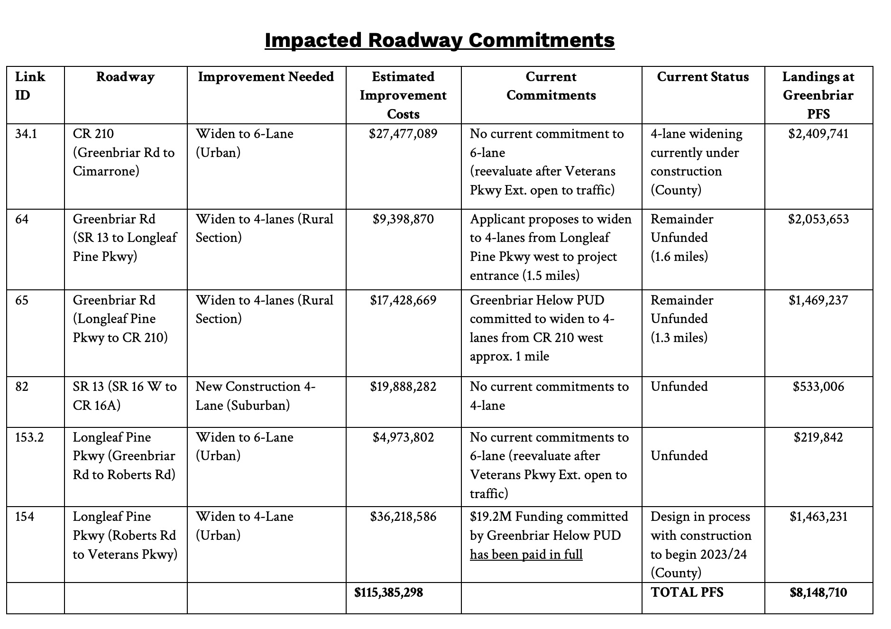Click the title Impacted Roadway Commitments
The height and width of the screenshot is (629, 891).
pyautogui.click(x=439, y=40)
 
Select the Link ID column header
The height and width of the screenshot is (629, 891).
pyautogui.click(x=30, y=86)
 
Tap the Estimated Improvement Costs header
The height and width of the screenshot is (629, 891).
pyautogui.click(x=403, y=95)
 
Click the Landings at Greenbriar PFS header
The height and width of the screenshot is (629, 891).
pyautogui.click(x=818, y=95)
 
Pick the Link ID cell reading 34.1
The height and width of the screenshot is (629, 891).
pyautogui.click(x=26, y=134)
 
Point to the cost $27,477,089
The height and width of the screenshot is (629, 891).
pyautogui.click(x=403, y=134)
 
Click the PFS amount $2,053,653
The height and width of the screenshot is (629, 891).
pyautogui.click(x=818, y=219)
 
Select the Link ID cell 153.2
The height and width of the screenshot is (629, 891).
pyautogui.click(x=29, y=437)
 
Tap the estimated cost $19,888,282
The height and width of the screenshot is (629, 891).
pyautogui.click(x=403, y=387)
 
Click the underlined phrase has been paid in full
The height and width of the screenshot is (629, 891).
pyautogui.click(x=526, y=555)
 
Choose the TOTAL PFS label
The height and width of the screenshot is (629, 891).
pyautogui.click(x=687, y=592)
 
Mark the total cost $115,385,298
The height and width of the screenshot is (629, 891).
pyautogui.click(x=388, y=592)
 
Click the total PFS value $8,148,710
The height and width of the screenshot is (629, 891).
pyautogui.click(x=818, y=592)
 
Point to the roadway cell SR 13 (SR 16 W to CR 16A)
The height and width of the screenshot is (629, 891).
pyautogui.click(x=125, y=396)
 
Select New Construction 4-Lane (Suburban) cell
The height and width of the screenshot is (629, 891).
pyautogui.click(x=255, y=396)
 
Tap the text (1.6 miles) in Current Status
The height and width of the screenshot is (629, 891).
pyautogui.click(x=679, y=257)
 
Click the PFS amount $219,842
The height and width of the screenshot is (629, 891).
pyautogui.click(x=818, y=437)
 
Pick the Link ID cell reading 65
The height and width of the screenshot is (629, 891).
pyautogui.click(x=22, y=300)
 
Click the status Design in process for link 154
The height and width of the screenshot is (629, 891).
pyautogui.click(x=700, y=517)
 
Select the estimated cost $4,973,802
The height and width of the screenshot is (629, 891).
pyautogui.click(x=403, y=437)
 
